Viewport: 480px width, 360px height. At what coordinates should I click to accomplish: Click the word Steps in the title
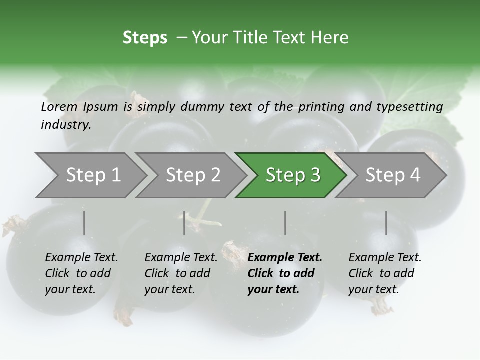(x=145, y=38)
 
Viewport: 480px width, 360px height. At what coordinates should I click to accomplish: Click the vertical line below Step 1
(x=84, y=223)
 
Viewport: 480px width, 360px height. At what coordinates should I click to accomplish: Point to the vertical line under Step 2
(x=184, y=223)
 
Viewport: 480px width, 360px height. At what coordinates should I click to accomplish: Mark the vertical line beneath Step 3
(x=285, y=223)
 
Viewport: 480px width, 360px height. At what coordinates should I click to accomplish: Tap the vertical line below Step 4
(x=386, y=223)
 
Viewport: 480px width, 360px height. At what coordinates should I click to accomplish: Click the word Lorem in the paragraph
(x=59, y=106)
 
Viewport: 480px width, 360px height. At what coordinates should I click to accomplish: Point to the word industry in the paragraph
(x=65, y=125)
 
